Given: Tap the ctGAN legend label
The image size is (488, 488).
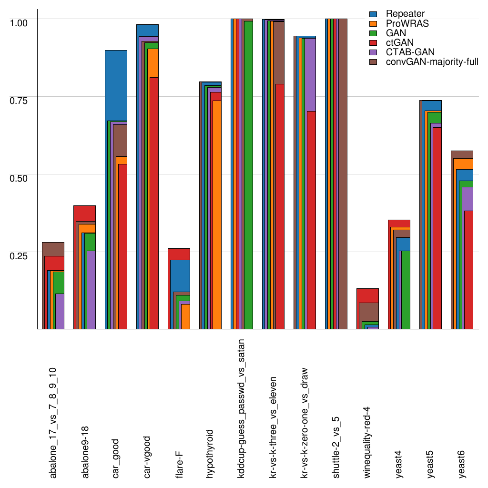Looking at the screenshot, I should (x=400, y=42).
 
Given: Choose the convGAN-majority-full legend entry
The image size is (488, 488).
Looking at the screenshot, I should (x=432, y=61).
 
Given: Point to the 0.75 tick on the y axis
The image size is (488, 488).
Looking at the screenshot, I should (x=19, y=100).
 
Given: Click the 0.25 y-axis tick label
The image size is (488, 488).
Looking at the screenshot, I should (x=19, y=255).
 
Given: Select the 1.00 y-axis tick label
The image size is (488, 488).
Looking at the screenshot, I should (x=19, y=22).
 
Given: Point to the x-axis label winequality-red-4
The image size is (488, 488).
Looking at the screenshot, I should (x=368, y=443).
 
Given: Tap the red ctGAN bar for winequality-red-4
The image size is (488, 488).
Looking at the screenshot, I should (x=368, y=295).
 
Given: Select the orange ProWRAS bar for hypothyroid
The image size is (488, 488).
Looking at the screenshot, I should (x=217, y=214).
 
